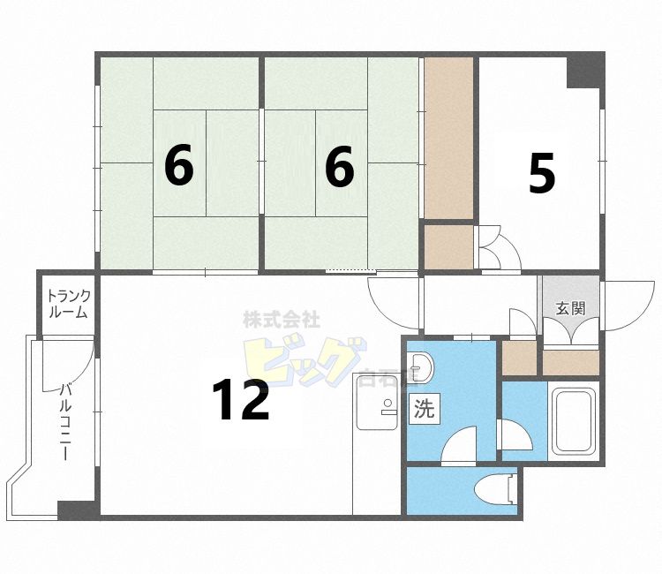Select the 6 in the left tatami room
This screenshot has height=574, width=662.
[x=178, y=166]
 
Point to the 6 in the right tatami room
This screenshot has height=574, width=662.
[x=340, y=166]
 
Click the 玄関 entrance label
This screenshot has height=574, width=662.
[x=569, y=308]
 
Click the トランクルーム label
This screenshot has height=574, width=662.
[x=67, y=303]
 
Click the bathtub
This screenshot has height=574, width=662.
[x=575, y=420]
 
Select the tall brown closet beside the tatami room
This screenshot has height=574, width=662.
[x=448, y=139]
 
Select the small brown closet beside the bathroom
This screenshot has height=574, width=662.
[x=519, y=356]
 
